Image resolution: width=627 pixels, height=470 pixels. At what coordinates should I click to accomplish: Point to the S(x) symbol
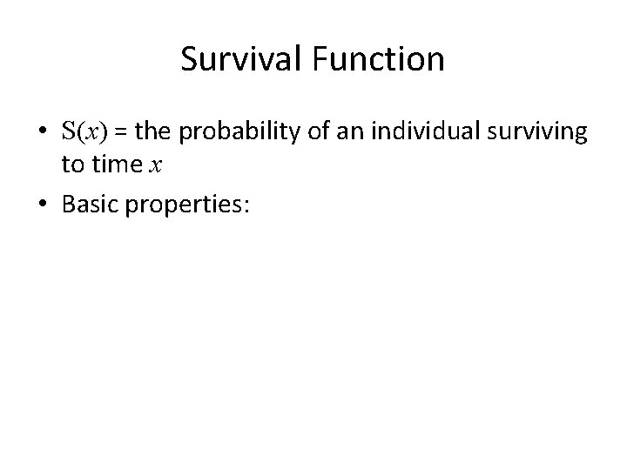point(81,132)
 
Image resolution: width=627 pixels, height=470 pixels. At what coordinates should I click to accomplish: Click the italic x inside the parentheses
point(88,133)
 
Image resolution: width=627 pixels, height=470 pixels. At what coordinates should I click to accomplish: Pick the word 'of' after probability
point(289,132)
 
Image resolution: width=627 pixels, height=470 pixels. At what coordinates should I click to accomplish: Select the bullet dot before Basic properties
point(42,203)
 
